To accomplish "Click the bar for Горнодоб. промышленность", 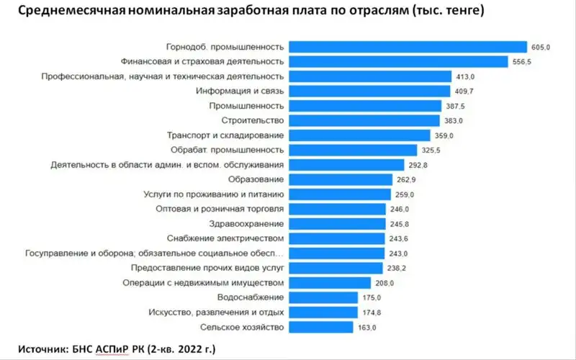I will coord(409,47).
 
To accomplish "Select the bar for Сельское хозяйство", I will coord(321,327).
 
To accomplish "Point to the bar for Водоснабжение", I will coord(324,297).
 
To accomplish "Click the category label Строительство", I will coord(255,120).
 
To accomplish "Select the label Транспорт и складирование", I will coord(225,135).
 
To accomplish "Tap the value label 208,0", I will coord(383,283).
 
